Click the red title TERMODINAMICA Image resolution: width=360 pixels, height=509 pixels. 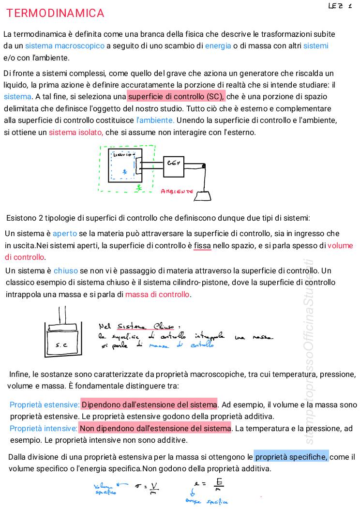pyautogui.click(x=55, y=14)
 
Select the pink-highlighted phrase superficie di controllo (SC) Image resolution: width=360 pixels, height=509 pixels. pyautogui.click(x=176, y=96)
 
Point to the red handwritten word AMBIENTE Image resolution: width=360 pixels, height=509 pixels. pyautogui.click(x=177, y=192)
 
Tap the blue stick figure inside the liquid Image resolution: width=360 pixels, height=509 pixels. pyautogui.click(x=124, y=171)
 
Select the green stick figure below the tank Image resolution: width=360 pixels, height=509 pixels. pyautogui.click(x=138, y=186)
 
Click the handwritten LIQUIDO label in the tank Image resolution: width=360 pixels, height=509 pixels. pyautogui.click(x=123, y=155)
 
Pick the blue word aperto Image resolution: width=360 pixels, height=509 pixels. pyautogui.click(x=65, y=234)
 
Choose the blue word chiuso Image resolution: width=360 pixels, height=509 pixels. pyautogui.click(x=66, y=270)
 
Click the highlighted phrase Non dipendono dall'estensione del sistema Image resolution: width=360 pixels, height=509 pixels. pyautogui.click(x=155, y=428)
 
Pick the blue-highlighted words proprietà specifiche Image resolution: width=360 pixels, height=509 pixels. pyautogui.click(x=291, y=457)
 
